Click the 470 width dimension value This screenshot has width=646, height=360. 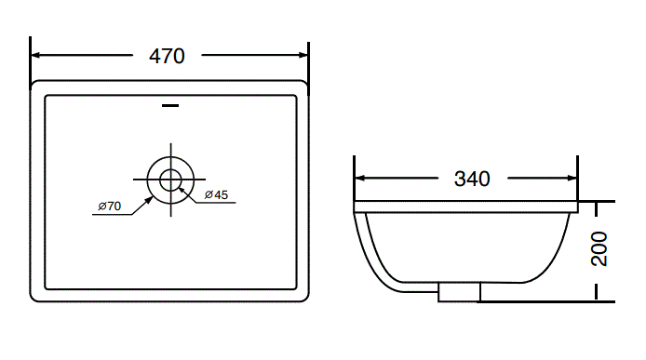click(x=168, y=56)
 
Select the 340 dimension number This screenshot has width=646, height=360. click(x=472, y=179)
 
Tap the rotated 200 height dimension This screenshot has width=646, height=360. click(x=599, y=249)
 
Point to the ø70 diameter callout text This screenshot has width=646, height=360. click(x=110, y=206)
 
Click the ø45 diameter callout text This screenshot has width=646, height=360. click(x=216, y=194)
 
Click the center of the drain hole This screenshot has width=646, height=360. click(x=171, y=179)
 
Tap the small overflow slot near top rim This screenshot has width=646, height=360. click(x=170, y=106)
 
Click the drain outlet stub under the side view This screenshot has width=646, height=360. click(x=459, y=292)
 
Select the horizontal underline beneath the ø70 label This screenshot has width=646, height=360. click(x=111, y=215)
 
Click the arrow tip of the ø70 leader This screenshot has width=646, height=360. click(x=153, y=194)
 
